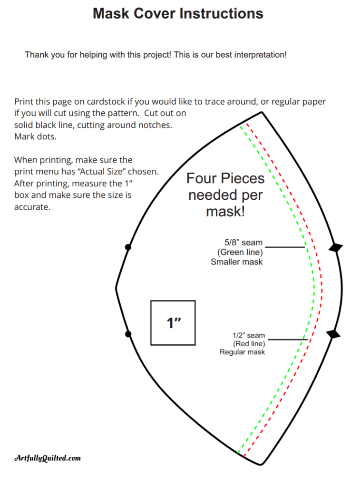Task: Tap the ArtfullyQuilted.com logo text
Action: (48, 458)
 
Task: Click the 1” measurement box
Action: (173, 323)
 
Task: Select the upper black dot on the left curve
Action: (128, 247)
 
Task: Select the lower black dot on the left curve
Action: (128, 334)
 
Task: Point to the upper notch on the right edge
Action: (336, 247)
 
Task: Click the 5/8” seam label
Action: (243, 243)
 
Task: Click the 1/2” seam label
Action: (249, 335)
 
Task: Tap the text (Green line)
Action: (240, 252)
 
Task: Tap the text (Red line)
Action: (249, 343)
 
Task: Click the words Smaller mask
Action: (236, 262)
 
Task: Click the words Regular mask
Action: (242, 352)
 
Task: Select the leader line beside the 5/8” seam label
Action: (284, 247)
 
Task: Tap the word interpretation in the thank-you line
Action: (261, 55)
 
